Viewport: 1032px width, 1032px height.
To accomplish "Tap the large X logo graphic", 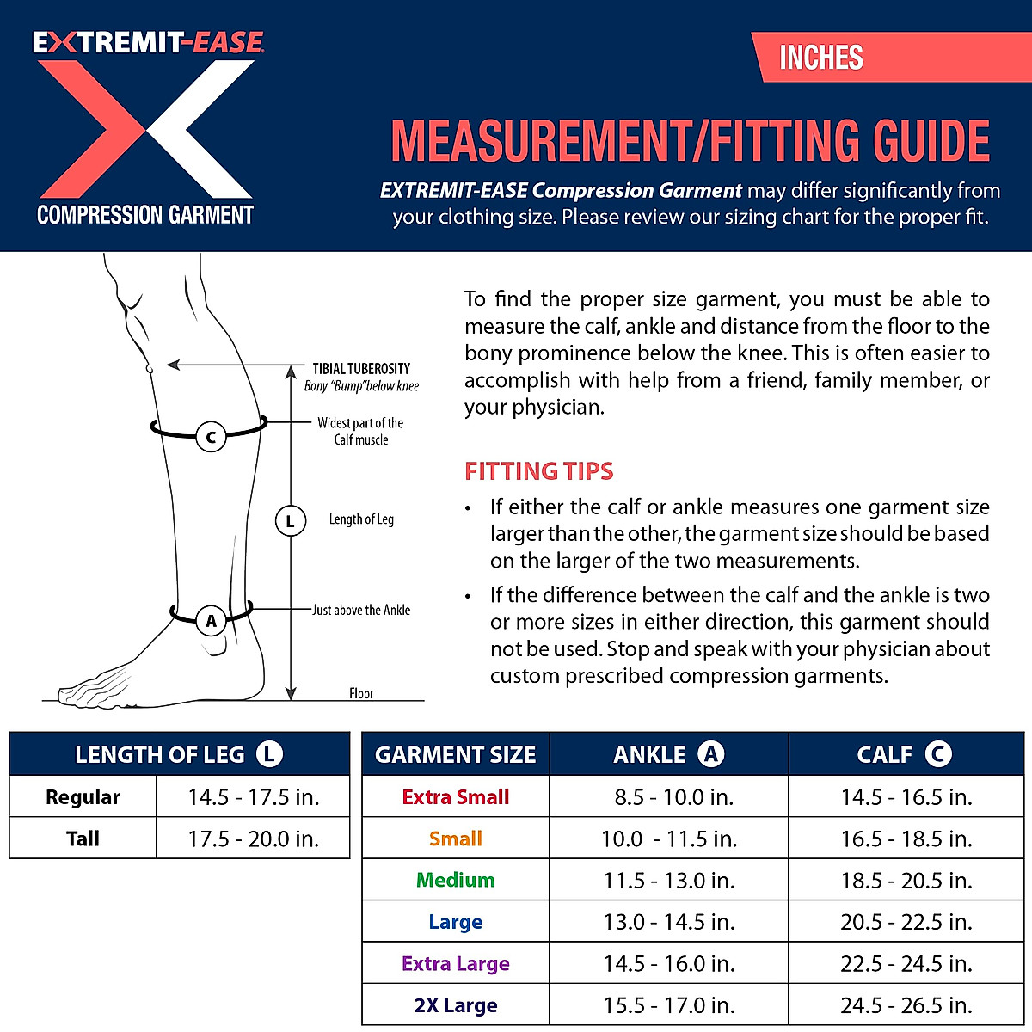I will point(146,129).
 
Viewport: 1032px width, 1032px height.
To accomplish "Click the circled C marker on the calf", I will point(211,437).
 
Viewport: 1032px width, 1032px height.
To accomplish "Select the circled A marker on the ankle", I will point(211,620).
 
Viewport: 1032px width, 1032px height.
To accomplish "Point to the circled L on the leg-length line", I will point(291,520).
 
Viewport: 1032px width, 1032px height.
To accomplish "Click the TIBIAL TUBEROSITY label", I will point(361,368).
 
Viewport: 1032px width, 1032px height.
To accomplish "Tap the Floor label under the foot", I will point(361,693).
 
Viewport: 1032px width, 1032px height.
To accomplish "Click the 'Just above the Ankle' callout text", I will point(361,610).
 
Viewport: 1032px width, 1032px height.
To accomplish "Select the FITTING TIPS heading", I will point(539,471).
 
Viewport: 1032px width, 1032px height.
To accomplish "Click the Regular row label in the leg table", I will point(83,797).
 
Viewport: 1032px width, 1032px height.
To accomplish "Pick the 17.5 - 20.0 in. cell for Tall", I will point(254,838).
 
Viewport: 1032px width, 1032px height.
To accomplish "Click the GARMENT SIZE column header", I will point(455,755).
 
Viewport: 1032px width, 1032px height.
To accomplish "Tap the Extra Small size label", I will point(455,797).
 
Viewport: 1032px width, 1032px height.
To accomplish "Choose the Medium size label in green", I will point(455,880).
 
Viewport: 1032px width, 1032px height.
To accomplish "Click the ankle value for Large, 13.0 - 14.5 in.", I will point(669,922).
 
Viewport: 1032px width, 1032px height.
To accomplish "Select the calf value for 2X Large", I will point(906,1005).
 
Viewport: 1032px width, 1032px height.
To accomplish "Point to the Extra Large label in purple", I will point(455,963).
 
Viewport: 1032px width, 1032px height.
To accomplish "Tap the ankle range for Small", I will point(669,838).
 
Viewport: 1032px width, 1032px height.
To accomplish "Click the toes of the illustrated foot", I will point(82,692).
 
